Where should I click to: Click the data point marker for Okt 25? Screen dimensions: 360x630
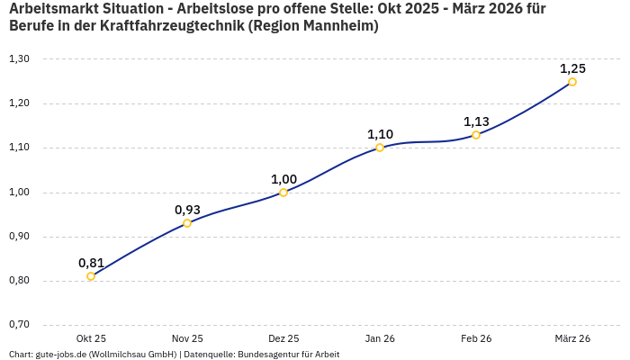click(91, 276)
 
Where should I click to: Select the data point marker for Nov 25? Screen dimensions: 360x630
click(187, 223)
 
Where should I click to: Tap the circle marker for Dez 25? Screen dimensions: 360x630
click(283, 193)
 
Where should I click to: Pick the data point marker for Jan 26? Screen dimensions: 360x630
click(380, 148)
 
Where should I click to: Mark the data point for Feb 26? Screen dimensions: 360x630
click(476, 135)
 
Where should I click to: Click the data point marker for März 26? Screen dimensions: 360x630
click(572, 82)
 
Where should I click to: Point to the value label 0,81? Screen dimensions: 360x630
click(91, 263)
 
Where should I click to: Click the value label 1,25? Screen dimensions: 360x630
click(572, 68)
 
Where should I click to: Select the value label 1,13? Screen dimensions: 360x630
click(476, 121)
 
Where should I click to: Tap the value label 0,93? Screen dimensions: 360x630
click(187, 210)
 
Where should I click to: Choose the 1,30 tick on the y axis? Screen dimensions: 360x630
click(19, 59)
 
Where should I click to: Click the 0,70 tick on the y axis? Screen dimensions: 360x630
click(19, 325)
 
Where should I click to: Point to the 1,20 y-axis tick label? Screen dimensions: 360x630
click(19, 103)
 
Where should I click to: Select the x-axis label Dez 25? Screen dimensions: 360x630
click(283, 338)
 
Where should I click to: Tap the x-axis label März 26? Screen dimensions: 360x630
click(572, 338)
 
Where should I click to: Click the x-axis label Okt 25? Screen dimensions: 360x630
click(91, 338)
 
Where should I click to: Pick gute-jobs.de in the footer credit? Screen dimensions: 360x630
click(62, 355)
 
